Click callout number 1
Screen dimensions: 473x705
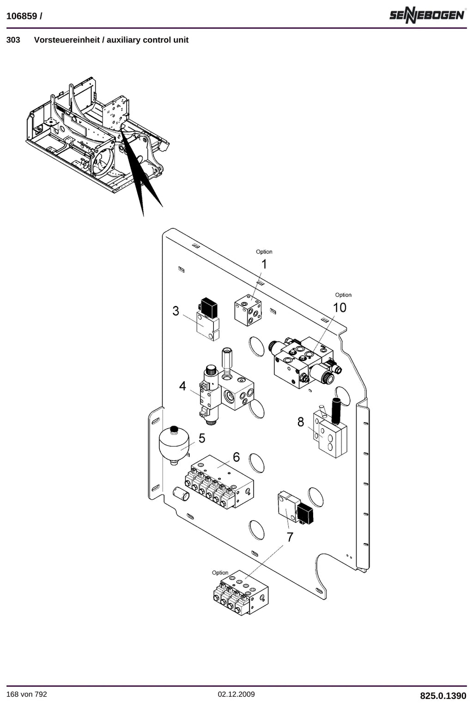point(264,264)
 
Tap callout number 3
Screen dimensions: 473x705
point(176,311)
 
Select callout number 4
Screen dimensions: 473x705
point(182,386)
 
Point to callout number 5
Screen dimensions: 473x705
point(202,438)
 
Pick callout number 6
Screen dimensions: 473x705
point(236,457)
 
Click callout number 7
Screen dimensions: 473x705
point(290,537)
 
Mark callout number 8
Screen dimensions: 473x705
point(301,422)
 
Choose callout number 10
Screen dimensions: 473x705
point(340,307)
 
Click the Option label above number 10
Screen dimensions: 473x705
point(343,295)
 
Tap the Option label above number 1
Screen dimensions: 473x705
point(264,252)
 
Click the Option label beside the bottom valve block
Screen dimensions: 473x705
point(220,573)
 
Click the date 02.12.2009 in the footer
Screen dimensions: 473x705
point(236,694)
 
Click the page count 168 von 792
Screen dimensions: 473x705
point(26,694)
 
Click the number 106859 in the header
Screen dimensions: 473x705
point(21,16)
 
